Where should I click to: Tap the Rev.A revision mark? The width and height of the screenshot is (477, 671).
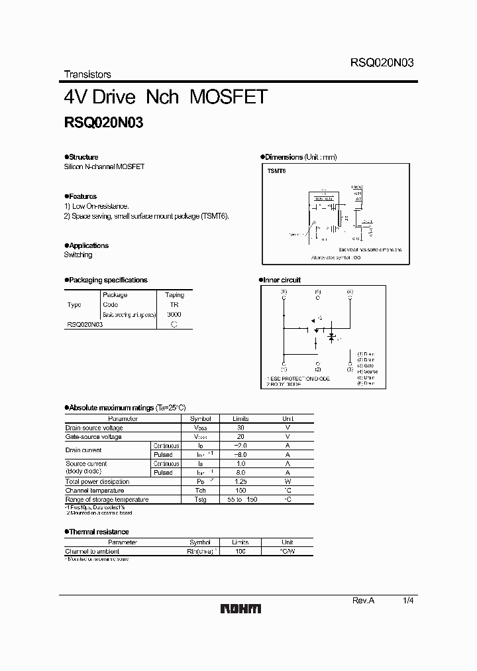(x=363, y=599)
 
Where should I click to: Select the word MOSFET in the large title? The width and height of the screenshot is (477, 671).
(x=228, y=97)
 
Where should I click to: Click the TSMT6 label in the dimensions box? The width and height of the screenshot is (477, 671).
(x=276, y=170)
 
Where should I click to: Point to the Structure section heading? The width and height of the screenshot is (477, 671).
(x=82, y=157)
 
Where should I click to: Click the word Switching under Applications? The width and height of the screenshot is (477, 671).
(x=78, y=255)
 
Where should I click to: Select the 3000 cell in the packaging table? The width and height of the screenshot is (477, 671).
(x=174, y=314)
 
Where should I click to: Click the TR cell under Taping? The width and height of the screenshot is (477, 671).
(x=174, y=304)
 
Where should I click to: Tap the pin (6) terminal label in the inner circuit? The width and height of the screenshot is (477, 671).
(x=284, y=292)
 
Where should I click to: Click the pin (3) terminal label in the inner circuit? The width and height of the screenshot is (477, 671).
(x=350, y=365)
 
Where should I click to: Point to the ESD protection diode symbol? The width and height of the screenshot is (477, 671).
(x=317, y=329)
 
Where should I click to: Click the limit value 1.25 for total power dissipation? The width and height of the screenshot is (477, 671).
(x=240, y=481)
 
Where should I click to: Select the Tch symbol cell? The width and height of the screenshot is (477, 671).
(x=200, y=490)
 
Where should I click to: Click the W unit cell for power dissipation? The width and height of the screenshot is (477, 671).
(x=288, y=481)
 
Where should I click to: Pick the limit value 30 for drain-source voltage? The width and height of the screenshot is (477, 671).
(x=240, y=428)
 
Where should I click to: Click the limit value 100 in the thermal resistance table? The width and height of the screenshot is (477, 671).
(x=240, y=551)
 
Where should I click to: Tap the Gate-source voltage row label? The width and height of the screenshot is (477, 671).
(x=93, y=437)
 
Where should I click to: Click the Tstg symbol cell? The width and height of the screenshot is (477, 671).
(x=200, y=499)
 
